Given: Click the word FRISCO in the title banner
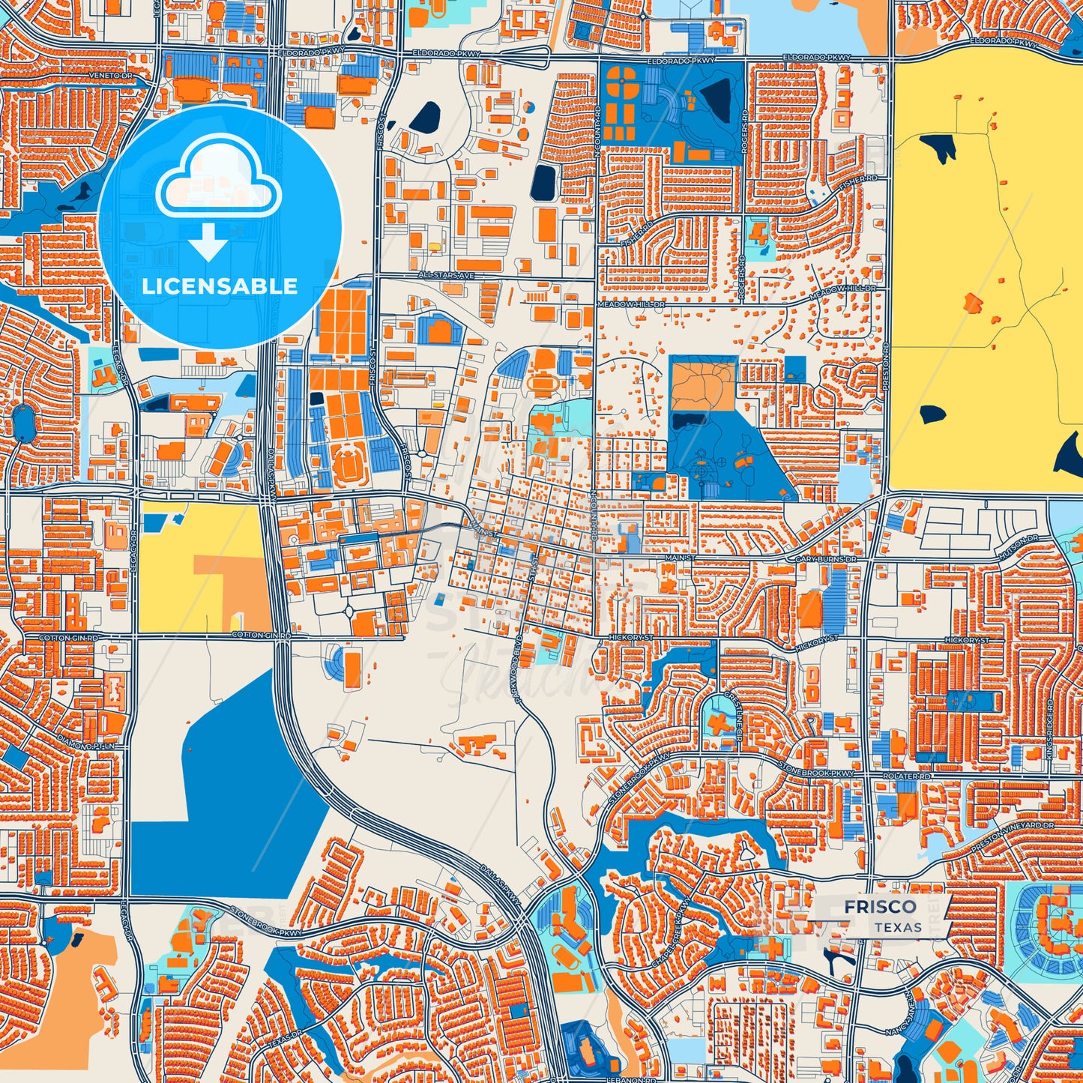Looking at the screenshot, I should (880, 907).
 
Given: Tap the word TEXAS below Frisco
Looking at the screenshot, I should (897, 927).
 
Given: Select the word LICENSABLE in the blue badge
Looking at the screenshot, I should (220, 286).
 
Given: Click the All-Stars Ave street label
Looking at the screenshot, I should (446, 276).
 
